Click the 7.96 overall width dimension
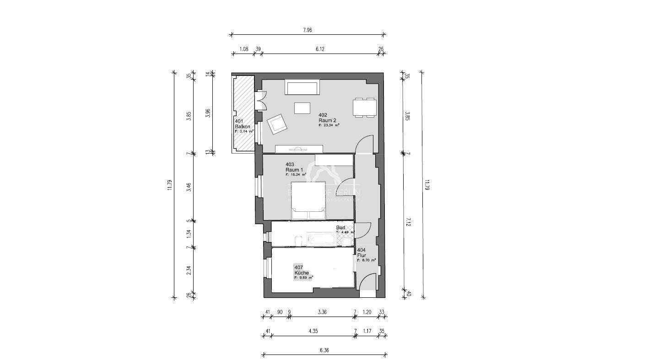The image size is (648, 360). point(307,30)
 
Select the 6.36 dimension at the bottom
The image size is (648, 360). point(324,350)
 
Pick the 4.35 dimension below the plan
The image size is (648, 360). point(313,331)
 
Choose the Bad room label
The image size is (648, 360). point(341,228)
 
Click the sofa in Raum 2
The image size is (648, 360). point(302,87)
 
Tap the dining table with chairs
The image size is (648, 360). point(365,107)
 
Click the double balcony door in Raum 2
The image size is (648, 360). point(261,100)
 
